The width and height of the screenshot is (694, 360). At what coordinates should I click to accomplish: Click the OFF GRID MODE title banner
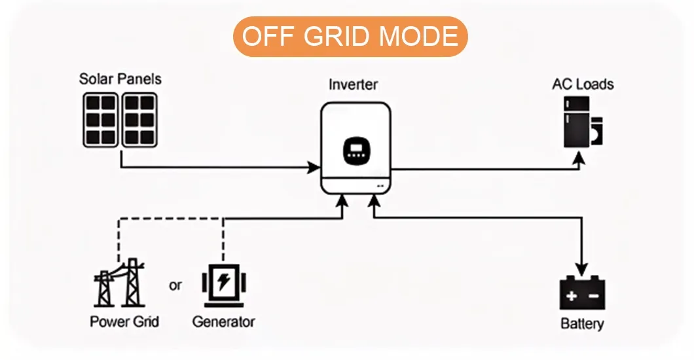click(x=350, y=37)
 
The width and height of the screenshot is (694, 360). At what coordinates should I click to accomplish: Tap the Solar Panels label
click(x=120, y=79)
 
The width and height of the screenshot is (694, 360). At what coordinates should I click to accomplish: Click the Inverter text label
click(x=353, y=84)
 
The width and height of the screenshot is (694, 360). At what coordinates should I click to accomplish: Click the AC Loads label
click(x=583, y=84)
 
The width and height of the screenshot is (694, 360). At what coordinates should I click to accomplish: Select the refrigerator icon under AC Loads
click(x=575, y=122)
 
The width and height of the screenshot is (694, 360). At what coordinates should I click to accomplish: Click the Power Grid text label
click(x=124, y=322)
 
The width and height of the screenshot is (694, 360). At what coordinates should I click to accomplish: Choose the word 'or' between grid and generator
click(x=175, y=285)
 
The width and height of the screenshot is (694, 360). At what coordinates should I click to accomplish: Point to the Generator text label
click(x=223, y=322)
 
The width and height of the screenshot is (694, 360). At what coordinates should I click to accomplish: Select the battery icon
click(x=581, y=293)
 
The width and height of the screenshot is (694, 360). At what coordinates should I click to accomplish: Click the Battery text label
click(x=582, y=324)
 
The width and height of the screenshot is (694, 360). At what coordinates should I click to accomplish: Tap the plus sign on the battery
click(x=571, y=297)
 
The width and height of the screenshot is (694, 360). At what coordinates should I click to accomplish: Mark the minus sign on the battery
click(x=593, y=297)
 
